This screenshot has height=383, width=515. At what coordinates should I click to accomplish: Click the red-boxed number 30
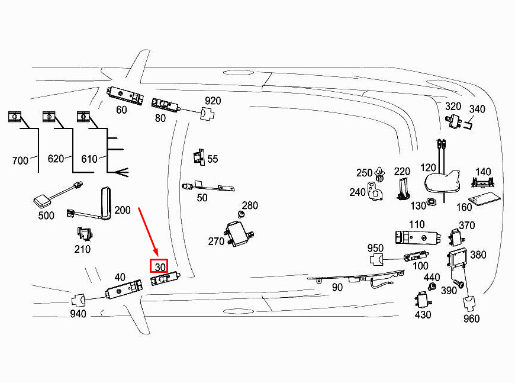(x=159, y=267)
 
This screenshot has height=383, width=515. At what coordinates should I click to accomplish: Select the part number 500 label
(x=46, y=215)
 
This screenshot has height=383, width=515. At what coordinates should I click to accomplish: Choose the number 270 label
(x=216, y=242)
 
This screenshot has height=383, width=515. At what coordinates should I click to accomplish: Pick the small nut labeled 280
(x=242, y=213)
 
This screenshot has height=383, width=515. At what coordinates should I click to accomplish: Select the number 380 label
(x=478, y=255)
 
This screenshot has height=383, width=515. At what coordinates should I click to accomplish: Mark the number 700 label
(x=20, y=160)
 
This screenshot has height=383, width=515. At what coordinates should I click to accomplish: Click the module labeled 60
(x=125, y=95)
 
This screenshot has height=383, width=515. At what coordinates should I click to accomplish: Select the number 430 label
(x=423, y=314)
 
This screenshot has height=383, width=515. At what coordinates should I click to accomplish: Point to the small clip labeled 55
(x=198, y=157)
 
